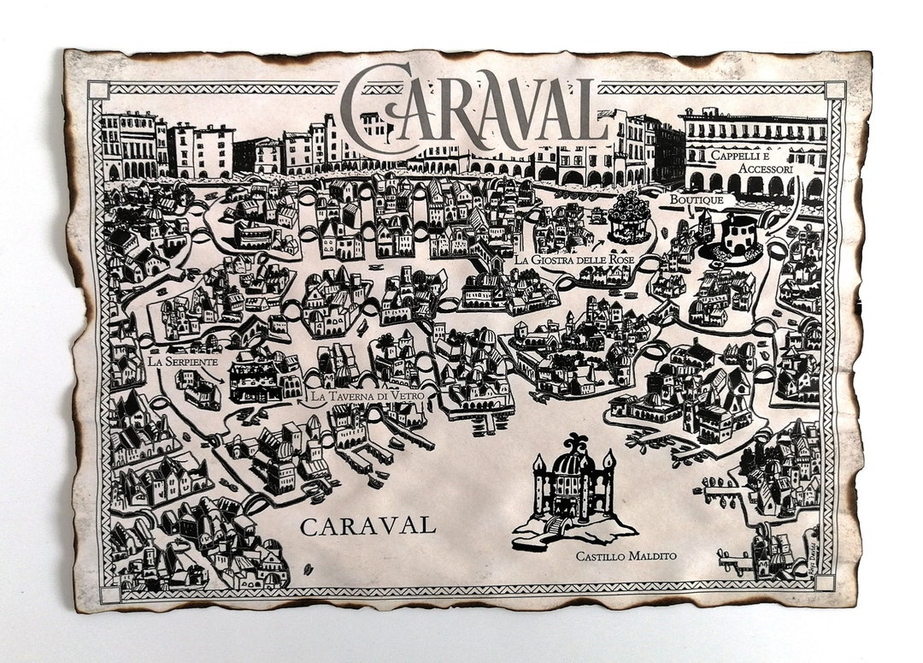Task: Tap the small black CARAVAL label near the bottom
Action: [x=367, y=525]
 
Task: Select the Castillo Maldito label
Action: [x=626, y=557]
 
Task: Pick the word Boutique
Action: [x=697, y=199]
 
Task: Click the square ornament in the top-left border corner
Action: [x=98, y=90]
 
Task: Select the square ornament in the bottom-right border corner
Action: [x=825, y=582]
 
